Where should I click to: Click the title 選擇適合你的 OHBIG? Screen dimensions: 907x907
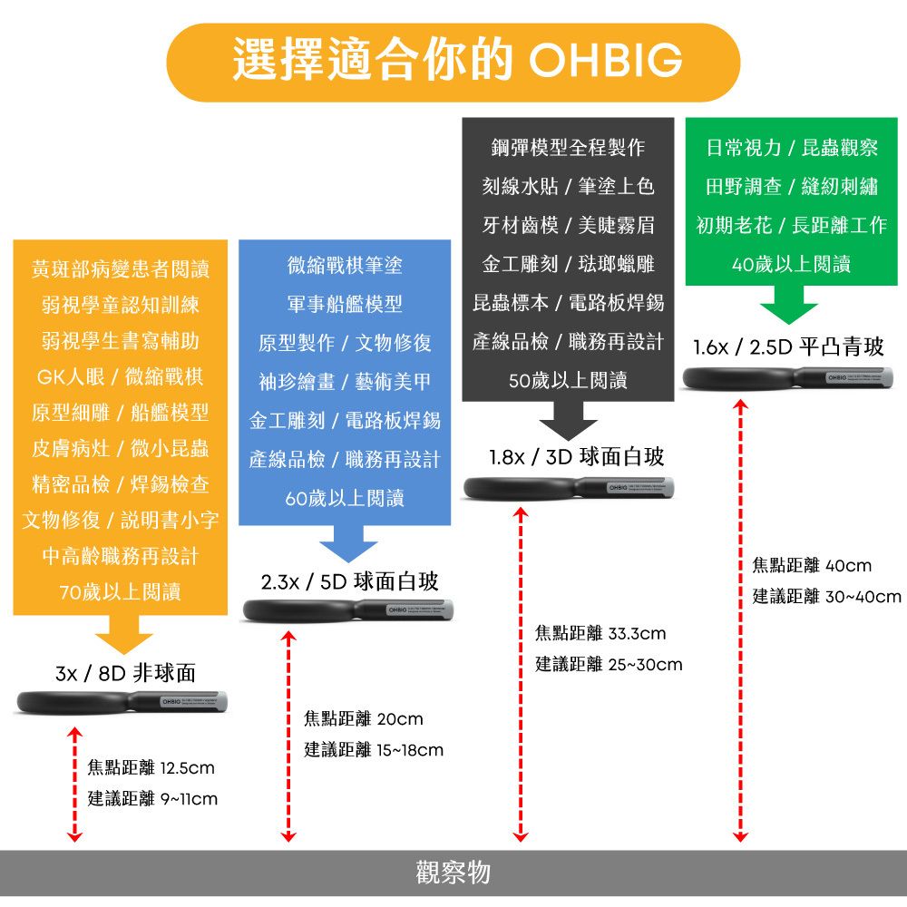(x=453, y=61)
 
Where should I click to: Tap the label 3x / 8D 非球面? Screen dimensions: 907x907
(x=125, y=673)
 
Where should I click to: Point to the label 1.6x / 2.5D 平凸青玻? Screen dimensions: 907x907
(x=788, y=347)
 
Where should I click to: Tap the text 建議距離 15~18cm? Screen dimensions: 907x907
(x=374, y=750)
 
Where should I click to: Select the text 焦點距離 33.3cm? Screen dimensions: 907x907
(x=600, y=632)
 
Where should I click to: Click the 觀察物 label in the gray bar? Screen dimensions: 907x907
(x=453, y=872)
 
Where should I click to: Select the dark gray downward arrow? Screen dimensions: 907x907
(x=568, y=422)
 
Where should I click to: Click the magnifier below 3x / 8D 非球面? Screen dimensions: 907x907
(x=122, y=701)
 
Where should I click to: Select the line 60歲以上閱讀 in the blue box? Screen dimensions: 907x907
(x=344, y=498)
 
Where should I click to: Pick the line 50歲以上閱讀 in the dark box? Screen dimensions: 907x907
(x=568, y=382)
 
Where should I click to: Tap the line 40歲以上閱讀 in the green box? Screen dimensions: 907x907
(x=791, y=264)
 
